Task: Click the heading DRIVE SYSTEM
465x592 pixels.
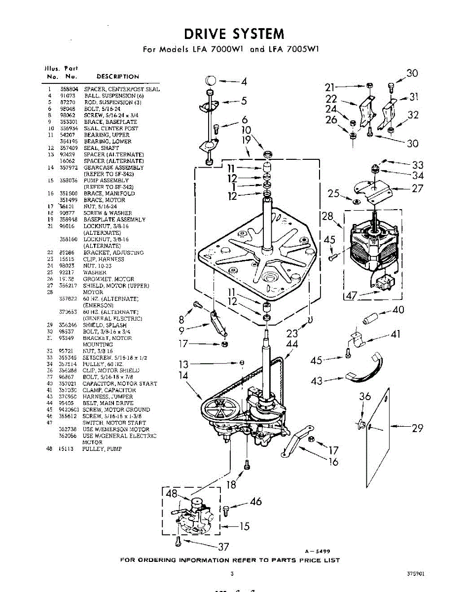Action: [234, 34]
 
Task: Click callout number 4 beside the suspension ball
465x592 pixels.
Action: [244, 82]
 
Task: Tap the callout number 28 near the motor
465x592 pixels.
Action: [327, 216]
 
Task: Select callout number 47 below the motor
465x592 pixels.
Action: [351, 296]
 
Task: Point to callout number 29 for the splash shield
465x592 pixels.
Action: [417, 428]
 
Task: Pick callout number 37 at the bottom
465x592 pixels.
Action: [224, 547]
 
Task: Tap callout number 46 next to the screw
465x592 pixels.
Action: [255, 502]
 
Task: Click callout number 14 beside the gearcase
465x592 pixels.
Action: [184, 376]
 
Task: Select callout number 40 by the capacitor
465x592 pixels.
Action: [398, 310]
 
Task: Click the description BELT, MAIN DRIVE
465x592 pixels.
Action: [102, 403]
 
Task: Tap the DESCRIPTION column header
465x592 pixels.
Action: [117, 76]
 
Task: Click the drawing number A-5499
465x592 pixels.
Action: [317, 551]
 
